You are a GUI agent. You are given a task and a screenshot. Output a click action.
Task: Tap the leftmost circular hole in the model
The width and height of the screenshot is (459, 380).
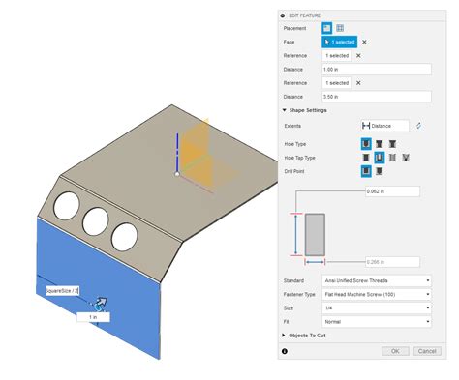(68, 206)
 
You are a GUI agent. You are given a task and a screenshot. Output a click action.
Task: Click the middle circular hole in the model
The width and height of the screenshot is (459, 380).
(96, 221)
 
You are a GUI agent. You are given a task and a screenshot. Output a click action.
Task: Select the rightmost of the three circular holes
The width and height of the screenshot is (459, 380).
(124, 235)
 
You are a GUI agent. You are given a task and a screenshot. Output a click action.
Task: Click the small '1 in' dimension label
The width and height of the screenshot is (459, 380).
(93, 316)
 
